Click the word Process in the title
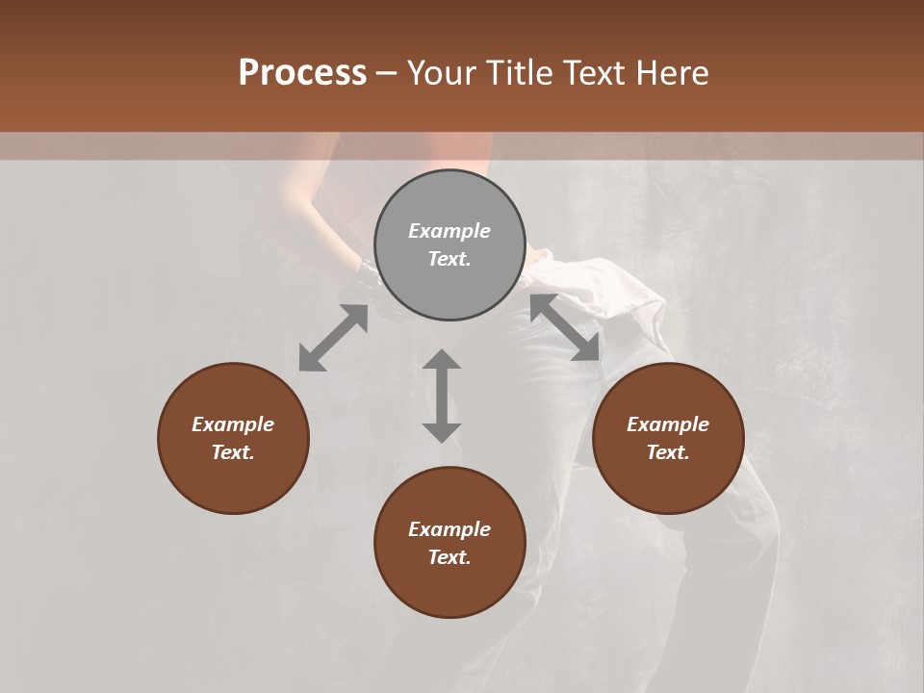click(x=302, y=73)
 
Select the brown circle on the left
click(x=233, y=481)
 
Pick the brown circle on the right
click(x=668, y=481)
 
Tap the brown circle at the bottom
click(x=449, y=587)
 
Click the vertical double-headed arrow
click(x=442, y=396)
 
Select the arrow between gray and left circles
click(x=333, y=338)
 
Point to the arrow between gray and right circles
click(x=565, y=327)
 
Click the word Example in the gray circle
click(x=449, y=231)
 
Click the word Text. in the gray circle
click(x=449, y=259)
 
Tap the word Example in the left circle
click(x=233, y=424)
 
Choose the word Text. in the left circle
click(x=233, y=452)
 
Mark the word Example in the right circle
click(x=668, y=424)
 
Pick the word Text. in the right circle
click(x=668, y=452)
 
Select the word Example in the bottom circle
click(x=449, y=529)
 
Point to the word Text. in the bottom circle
click(x=449, y=557)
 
